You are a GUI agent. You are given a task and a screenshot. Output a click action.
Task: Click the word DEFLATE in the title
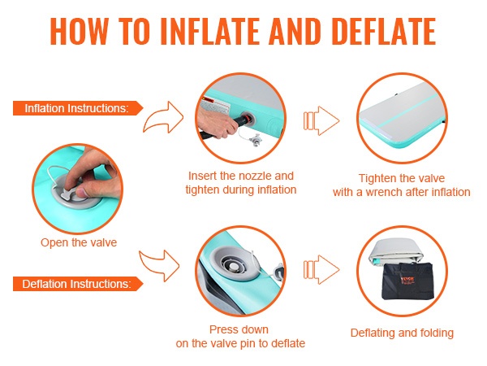point(384,31)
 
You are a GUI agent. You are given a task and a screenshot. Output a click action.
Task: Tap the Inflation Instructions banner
point(78,108)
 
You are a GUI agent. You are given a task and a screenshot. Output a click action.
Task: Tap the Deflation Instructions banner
point(78,284)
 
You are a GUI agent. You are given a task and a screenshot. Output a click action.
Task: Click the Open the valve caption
point(79,242)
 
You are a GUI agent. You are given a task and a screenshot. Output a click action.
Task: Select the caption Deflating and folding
point(402,333)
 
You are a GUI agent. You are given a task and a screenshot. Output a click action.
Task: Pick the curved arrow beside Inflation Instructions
point(164,118)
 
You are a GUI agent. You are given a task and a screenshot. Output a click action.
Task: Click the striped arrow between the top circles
point(321,120)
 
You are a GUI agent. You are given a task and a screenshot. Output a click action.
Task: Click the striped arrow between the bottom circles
point(321,269)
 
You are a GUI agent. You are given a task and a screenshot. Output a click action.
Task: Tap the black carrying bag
point(407,281)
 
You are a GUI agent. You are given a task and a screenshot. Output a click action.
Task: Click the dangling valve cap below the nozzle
point(256,140)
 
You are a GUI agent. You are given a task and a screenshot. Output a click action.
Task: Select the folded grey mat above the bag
point(396,252)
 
